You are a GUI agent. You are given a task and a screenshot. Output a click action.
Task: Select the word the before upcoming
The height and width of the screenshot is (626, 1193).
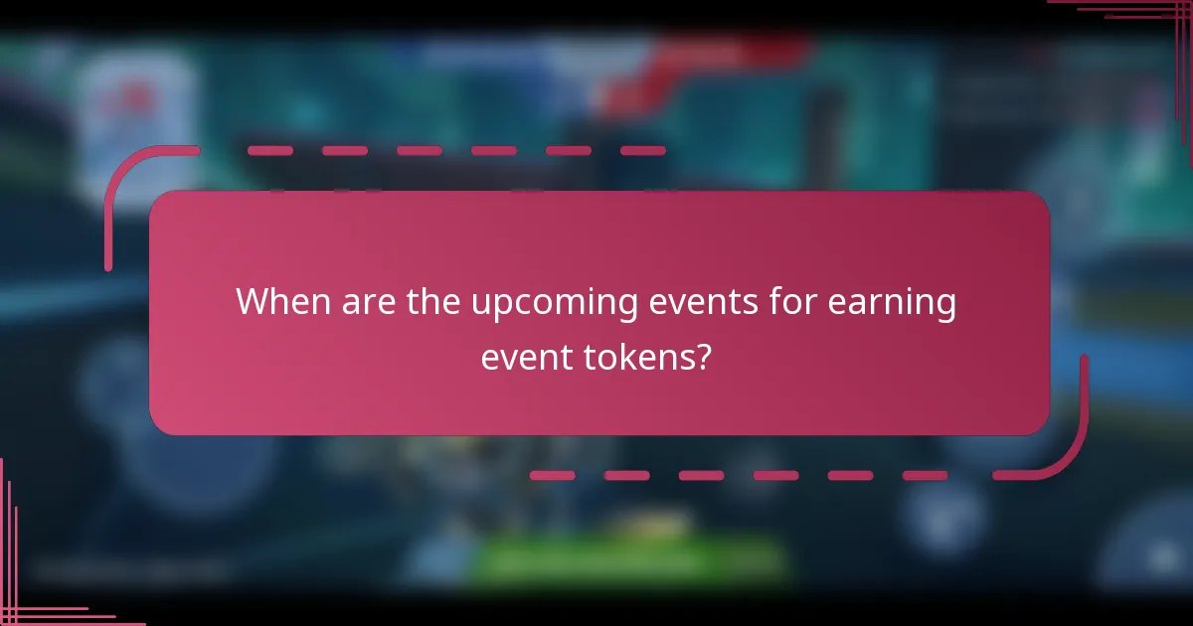[433, 302]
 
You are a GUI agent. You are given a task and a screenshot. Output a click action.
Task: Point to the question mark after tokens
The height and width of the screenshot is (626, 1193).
[704, 357]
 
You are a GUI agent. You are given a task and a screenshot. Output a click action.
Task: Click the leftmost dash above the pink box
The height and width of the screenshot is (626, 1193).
[269, 151]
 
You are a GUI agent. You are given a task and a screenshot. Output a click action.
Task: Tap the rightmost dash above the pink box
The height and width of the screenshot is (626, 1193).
[642, 151]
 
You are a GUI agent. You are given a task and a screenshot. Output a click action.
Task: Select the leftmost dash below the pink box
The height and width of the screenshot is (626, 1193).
[552, 476]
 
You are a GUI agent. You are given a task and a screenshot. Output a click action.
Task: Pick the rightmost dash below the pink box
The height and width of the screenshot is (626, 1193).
[925, 476]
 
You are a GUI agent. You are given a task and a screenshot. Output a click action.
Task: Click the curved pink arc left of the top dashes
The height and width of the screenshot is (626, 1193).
[129, 184]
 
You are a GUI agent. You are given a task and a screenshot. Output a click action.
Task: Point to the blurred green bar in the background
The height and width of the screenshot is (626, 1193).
[626, 558]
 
